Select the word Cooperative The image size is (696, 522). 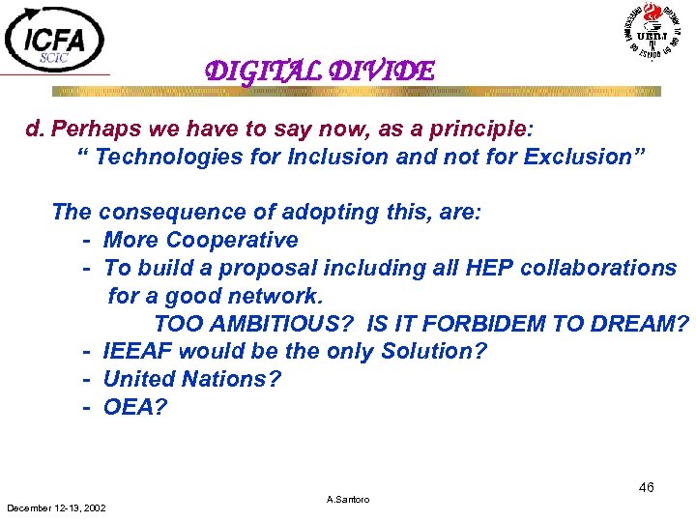click(x=232, y=240)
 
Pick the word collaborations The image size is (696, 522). click(x=598, y=268)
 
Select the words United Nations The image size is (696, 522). click(x=191, y=379)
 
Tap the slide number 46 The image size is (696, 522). click(x=646, y=487)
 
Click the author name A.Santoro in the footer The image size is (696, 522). click(x=348, y=500)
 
